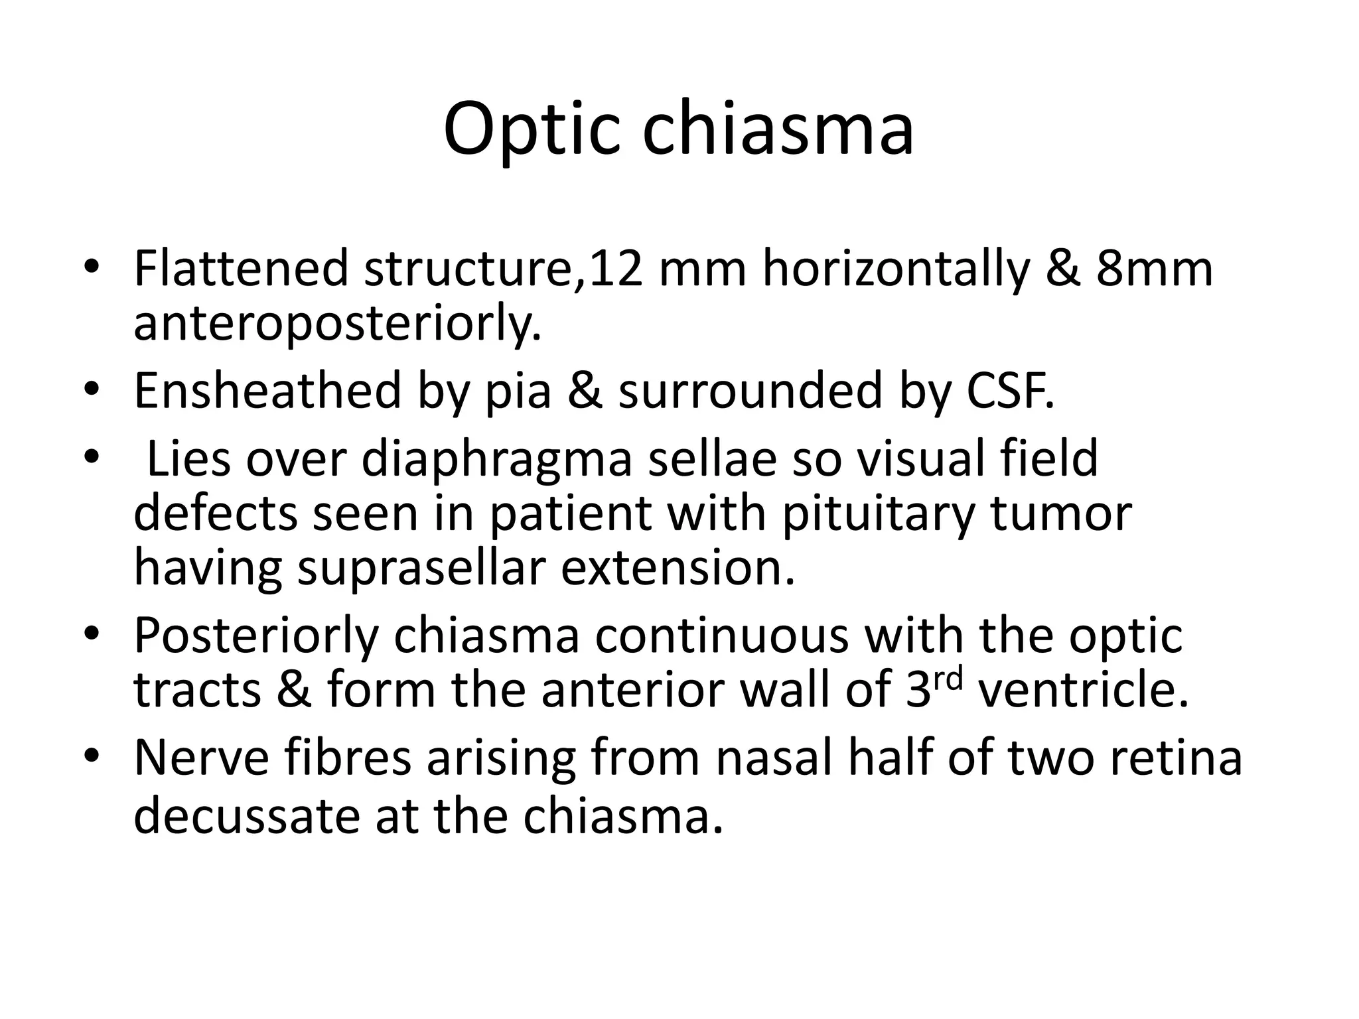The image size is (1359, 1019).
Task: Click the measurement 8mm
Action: click(1154, 268)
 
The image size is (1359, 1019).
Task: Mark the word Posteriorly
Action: click(255, 636)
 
